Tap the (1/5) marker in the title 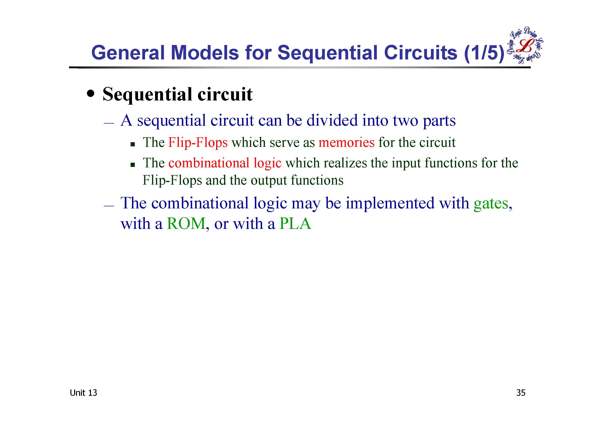(484, 53)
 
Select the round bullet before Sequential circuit (91, 93)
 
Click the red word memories (347, 142)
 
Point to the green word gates (491, 203)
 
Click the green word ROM (186, 224)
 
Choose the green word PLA (295, 224)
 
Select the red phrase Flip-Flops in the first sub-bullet (198, 143)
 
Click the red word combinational (209, 163)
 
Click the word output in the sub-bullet (269, 180)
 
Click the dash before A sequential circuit (109, 123)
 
